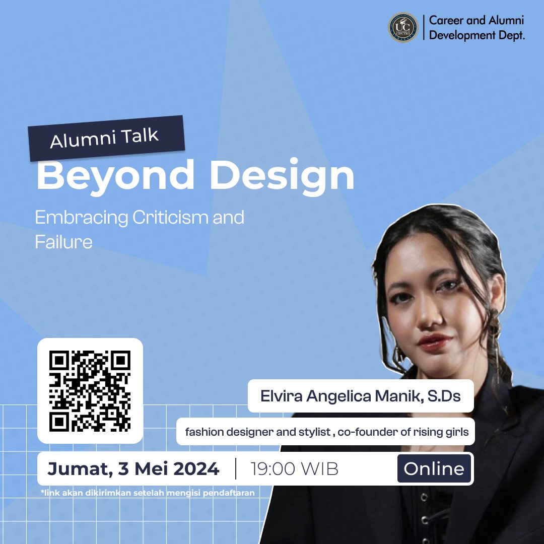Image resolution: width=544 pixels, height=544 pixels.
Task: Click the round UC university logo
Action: tap(403, 28)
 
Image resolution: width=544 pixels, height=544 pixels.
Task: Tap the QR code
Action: tap(90, 391)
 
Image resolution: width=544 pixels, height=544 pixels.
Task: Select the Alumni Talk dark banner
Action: tap(105, 138)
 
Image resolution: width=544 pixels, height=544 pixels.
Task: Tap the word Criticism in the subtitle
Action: tap(170, 218)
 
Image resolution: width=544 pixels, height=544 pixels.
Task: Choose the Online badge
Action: tap(434, 469)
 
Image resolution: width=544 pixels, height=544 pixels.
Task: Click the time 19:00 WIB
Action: tap(295, 469)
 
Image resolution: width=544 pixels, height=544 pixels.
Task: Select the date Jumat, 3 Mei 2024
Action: tap(133, 469)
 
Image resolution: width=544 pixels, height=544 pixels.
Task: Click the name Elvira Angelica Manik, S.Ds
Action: tap(360, 396)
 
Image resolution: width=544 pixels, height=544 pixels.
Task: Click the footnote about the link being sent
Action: tap(148, 493)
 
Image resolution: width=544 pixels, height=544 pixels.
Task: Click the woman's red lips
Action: tap(435, 342)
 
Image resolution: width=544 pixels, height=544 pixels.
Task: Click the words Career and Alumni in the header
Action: tap(477, 21)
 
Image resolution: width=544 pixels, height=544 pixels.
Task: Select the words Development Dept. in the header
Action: tap(477, 35)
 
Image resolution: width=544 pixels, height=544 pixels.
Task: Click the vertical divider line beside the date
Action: tap(236, 469)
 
